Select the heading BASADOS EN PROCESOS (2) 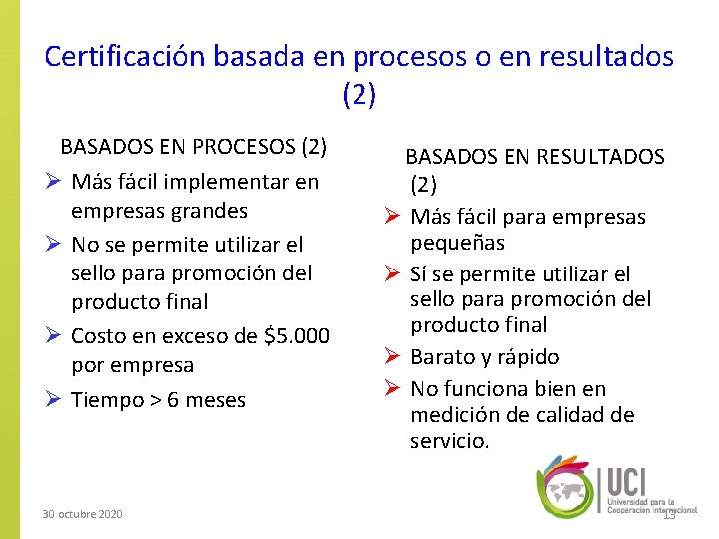(x=193, y=146)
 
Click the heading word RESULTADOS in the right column (x=601, y=156)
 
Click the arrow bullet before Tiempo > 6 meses (x=55, y=400)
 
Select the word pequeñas (x=457, y=243)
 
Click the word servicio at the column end (x=448, y=440)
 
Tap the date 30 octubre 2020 (x=82, y=513)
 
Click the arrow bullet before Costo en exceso (x=55, y=336)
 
